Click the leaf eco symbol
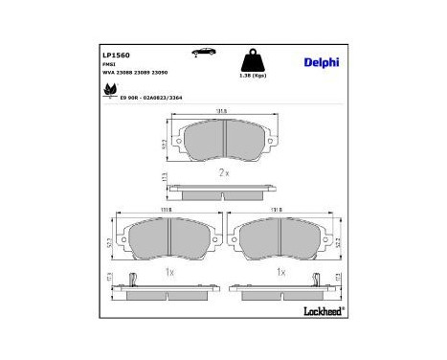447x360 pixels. point(107,90)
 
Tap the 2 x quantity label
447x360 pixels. point(224,172)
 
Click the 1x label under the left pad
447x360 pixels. point(168,272)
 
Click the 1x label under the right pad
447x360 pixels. point(280,272)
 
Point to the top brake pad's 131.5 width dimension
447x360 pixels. point(223,110)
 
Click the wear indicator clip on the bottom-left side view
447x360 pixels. point(138,280)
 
